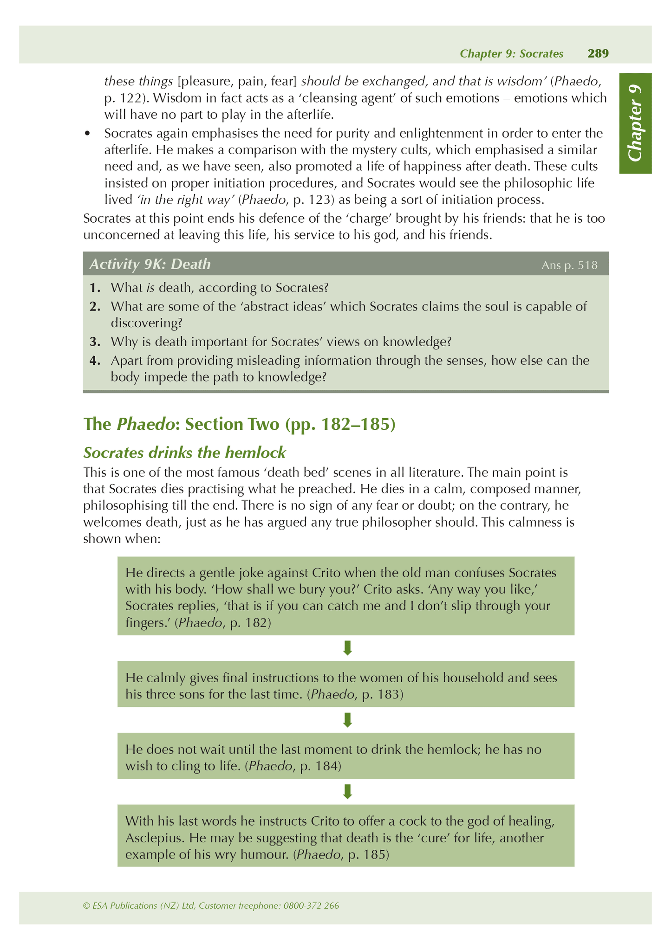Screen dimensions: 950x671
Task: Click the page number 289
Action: click(x=598, y=54)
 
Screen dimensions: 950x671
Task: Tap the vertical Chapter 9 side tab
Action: click(x=635, y=123)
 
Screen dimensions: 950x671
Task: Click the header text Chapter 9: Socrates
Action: click(x=511, y=54)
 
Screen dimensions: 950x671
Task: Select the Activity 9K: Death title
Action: click(x=150, y=264)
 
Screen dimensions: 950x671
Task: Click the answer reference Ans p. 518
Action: click(x=569, y=265)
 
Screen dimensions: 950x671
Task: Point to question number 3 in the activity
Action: click(x=95, y=342)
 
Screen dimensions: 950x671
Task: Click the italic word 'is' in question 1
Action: click(x=150, y=288)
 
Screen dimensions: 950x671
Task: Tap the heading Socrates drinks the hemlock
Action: click(x=184, y=452)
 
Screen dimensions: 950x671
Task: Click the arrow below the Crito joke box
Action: click(x=347, y=648)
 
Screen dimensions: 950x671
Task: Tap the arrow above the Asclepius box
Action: click(x=347, y=791)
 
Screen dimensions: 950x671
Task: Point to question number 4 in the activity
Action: click(x=95, y=361)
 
